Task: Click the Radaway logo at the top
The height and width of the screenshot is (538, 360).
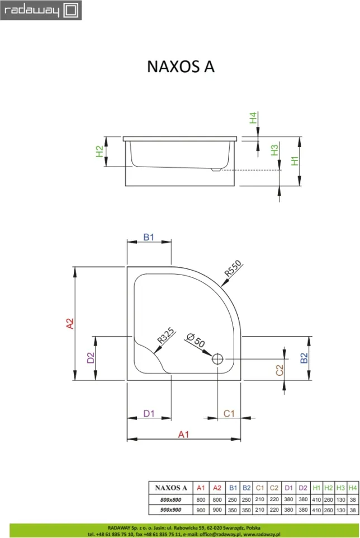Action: click(41, 10)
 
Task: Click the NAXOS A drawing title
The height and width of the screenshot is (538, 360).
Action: click(181, 67)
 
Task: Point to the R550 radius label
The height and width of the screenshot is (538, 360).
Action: click(233, 268)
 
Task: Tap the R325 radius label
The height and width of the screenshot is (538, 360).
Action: click(166, 336)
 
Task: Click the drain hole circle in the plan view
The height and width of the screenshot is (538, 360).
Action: click(217, 359)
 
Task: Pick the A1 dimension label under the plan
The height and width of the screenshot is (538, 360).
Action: click(183, 435)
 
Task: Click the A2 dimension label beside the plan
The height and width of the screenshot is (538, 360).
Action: click(70, 324)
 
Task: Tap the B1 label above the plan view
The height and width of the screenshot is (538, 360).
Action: click(149, 237)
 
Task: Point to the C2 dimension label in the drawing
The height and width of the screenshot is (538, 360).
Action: click(280, 370)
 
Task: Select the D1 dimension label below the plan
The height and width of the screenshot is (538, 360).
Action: click(149, 413)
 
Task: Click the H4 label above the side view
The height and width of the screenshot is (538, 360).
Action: click(253, 118)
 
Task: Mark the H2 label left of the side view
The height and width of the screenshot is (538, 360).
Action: click(100, 152)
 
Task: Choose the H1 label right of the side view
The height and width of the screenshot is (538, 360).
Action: click(295, 161)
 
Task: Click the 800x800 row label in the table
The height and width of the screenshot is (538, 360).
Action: click(170, 500)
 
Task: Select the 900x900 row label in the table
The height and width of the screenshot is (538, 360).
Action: click(170, 510)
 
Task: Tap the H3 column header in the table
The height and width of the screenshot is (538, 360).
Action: click(340, 488)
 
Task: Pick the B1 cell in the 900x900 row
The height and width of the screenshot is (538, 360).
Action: click(233, 510)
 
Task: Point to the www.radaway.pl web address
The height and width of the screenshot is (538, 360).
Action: click(262, 534)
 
